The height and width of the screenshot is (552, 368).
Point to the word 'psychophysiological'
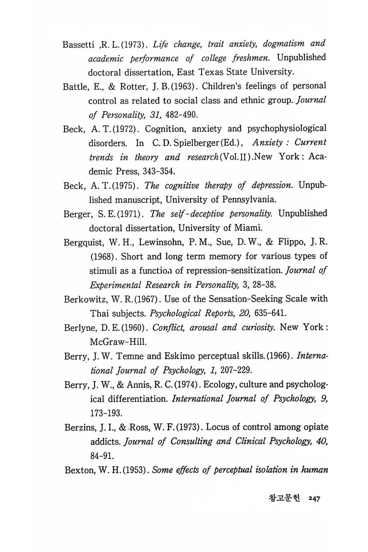287,128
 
